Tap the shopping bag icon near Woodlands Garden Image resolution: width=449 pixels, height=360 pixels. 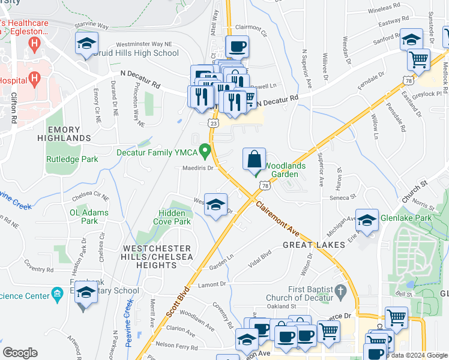pyautogui.click(x=255, y=160)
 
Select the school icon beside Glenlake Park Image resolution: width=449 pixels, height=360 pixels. pyautogui.click(x=366, y=221)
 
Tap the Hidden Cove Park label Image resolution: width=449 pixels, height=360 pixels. pyautogui.click(x=175, y=217)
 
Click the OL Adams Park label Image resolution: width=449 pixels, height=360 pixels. pyautogui.click(x=89, y=217)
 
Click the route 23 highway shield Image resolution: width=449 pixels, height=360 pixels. pyautogui.click(x=214, y=122)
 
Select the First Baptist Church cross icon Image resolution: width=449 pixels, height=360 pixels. pyautogui.click(x=340, y=291)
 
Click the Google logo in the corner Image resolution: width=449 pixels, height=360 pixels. pyautogui.click(x=20, y=353)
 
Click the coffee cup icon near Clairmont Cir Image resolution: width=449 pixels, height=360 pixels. pyautogui.click(x=237, y=46)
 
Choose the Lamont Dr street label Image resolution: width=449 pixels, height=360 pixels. pyautogui.click(x=212, y=284)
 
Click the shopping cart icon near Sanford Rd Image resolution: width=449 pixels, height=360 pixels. pyautogui.click(x=418, y=59)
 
